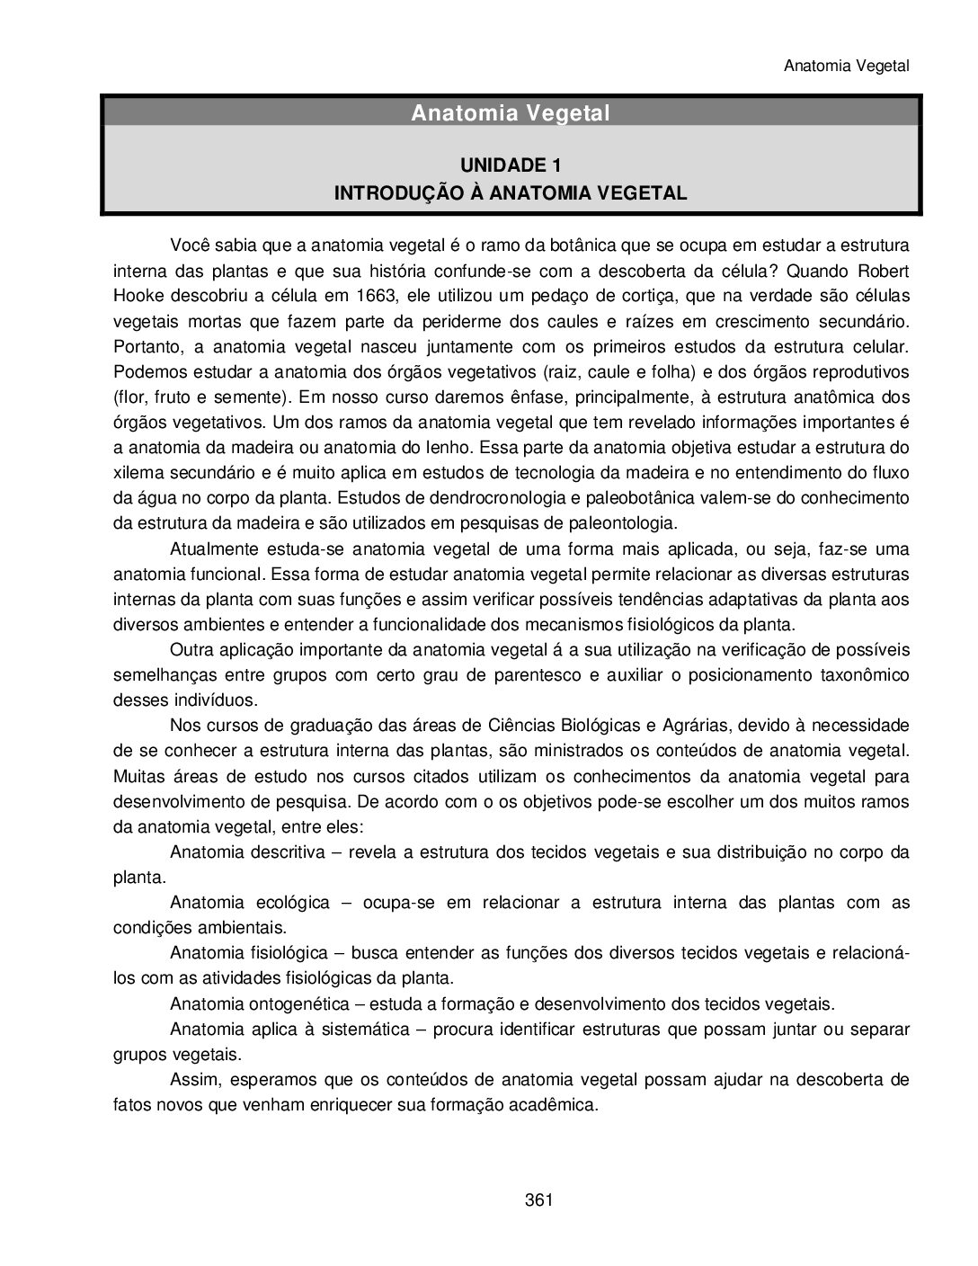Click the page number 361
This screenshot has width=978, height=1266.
pyautogui.click(x=538, y=1199)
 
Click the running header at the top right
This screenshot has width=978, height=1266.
pyautogui.click(x=847, y=66)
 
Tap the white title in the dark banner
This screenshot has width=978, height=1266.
pyautogui.click(x=511, y=113)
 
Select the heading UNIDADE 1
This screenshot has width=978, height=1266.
pyautogui.click(x=511, y=165)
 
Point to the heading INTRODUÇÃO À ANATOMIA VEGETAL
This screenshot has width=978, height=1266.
pyautogui.click(x=511, y=192)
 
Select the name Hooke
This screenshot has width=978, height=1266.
pyautogui.click(x=139, y=297)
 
